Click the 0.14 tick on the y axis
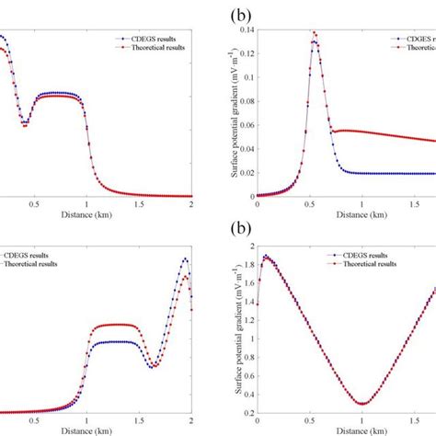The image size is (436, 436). (x=246, y=30)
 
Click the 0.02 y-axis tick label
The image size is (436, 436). (x=246, y=173)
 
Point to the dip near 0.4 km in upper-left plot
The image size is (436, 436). (x=26, y=123)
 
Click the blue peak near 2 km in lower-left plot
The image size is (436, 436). (x=185, y=259)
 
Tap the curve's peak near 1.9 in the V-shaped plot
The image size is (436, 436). (x=266, y=257)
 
